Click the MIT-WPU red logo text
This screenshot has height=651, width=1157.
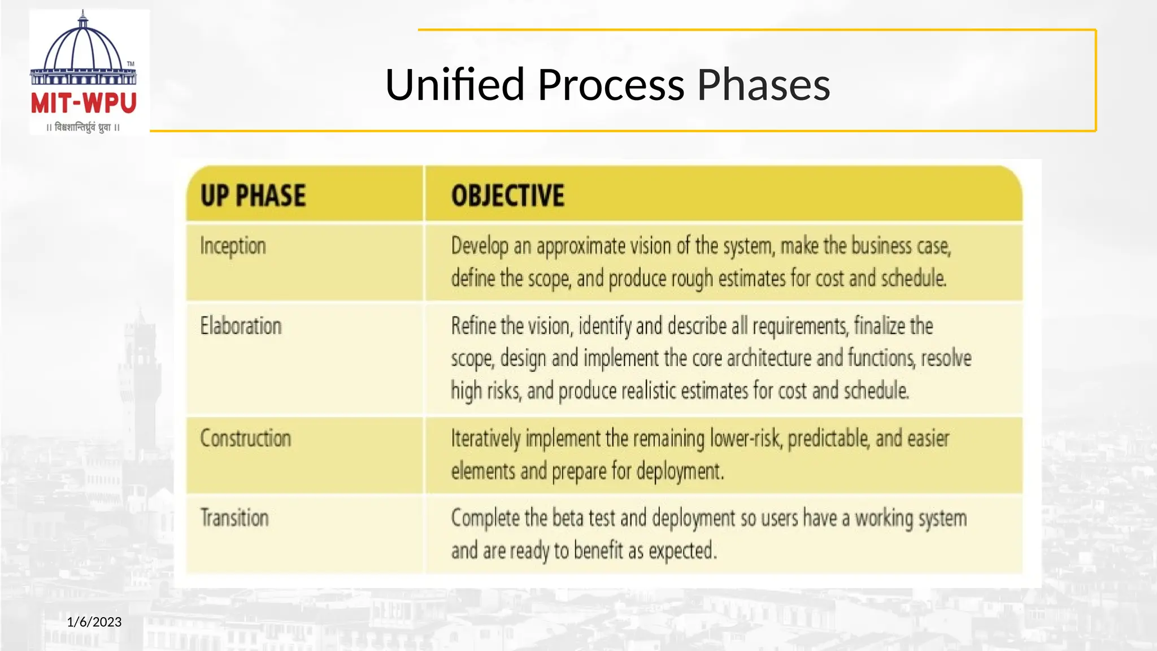coord(84,103)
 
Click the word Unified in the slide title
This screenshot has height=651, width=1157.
coord(455,85)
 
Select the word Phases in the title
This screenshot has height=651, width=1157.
coord(763,85)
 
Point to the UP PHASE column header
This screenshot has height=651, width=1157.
coord(253,196)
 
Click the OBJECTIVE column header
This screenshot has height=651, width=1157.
coord(507,196)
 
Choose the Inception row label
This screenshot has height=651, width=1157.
coord(233,246)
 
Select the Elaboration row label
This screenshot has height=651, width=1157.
coord(241,326)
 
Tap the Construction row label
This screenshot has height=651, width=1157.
coord(246,439)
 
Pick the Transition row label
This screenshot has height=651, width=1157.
coord(234,518)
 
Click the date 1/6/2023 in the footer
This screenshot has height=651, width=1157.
coord(94,622)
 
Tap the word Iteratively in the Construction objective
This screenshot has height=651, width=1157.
coord(486,439)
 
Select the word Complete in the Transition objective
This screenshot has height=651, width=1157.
coord(485,518)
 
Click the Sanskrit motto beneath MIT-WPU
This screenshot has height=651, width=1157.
coord(83,128)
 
